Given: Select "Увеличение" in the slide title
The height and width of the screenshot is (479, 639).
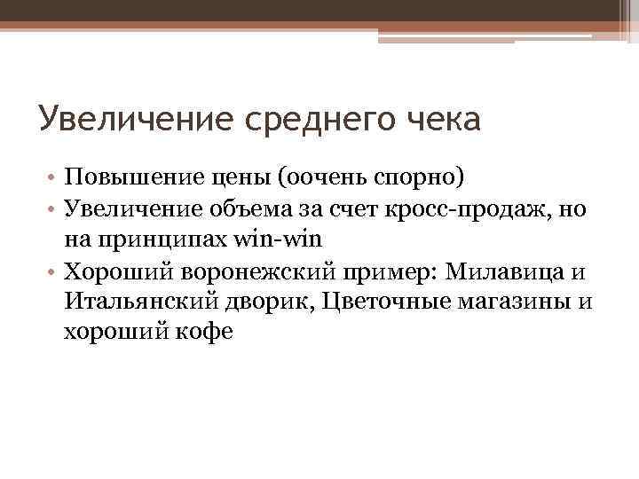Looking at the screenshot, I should coord(136,119).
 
